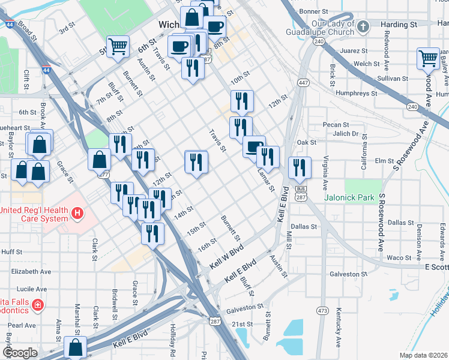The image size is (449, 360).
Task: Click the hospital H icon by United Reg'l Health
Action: click(77, 213)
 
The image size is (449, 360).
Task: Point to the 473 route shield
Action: click(323, 310)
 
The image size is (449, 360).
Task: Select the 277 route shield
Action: click(103, 175)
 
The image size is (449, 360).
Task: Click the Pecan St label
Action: click(331, 124)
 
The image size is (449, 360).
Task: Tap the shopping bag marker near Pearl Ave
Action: click(76, 347)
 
